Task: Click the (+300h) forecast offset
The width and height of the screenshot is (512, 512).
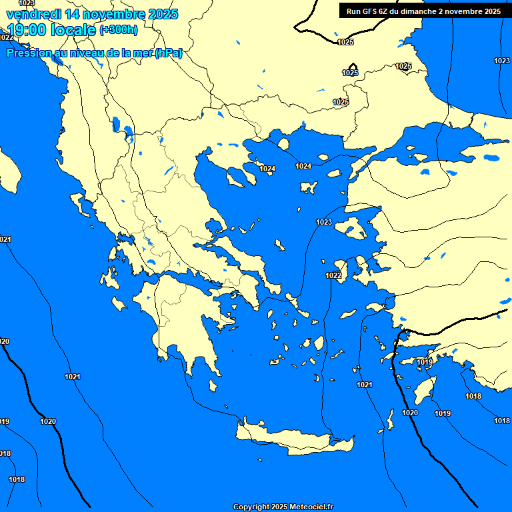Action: pyautogui.click(x=119, y=30)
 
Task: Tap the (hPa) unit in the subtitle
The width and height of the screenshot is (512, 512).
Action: pyautogui.click(x=168, y=53)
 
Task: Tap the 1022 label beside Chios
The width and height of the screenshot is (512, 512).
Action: pyautogui.click(x=333, y=275)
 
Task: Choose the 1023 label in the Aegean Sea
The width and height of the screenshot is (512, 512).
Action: pyautogui.click(x=324, y=222)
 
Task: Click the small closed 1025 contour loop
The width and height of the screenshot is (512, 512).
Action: pyautogui.click(x=351, y=69)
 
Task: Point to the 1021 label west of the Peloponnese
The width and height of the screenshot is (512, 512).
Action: pyautogui.click(x=73, y=377)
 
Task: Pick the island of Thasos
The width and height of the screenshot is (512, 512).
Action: pyautogui.click(x=283, y=144)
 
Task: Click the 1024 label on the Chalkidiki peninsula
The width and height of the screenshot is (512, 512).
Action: pyautogui.click(x=267, y=169)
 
